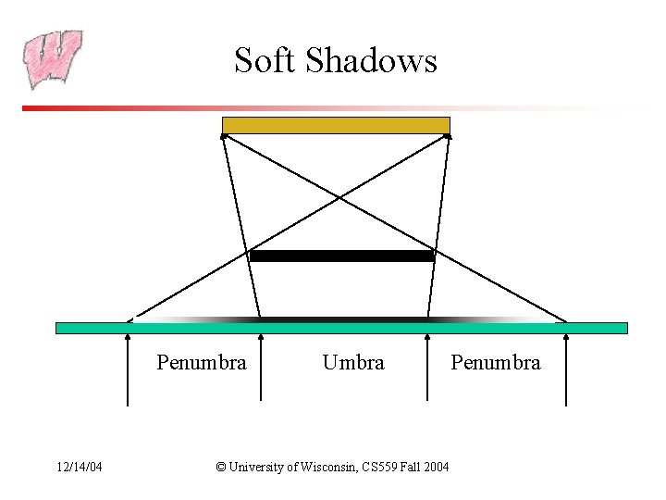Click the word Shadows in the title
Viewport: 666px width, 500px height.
371,60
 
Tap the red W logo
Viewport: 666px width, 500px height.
53,58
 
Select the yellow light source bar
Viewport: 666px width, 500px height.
336,125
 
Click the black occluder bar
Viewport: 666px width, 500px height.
341,256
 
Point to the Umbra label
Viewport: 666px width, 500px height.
352,363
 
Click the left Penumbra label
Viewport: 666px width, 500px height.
202,363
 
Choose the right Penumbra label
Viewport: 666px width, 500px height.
495,363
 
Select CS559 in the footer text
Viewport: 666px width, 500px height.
379,467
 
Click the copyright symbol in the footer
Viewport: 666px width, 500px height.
220,467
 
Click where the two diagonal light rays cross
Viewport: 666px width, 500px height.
339,197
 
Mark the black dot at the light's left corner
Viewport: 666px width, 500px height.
223,136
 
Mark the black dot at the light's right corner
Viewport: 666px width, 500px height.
448,136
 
